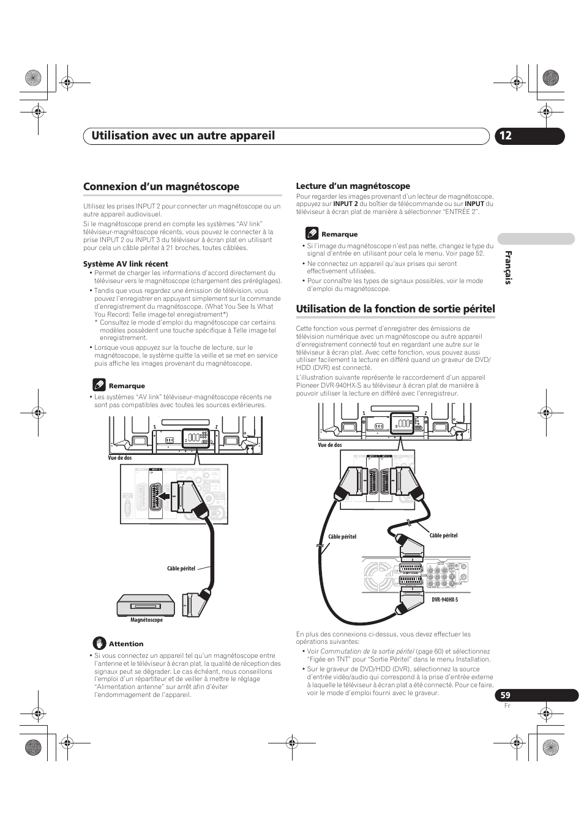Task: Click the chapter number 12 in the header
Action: [504, 136]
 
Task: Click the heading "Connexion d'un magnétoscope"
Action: [161, 186]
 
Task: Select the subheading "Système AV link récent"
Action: [125, 264]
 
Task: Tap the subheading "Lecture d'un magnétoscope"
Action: [353, 186]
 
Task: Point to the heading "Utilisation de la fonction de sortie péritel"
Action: [395, 309]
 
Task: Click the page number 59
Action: [505, 695]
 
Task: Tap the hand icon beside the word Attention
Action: [100, 643]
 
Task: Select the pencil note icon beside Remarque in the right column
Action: [312, 234]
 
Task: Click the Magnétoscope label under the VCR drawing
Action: [147, 620]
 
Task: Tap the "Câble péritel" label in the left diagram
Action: [181, 569]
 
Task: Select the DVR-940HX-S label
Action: [444, 600]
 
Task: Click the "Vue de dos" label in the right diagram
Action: [329, 445]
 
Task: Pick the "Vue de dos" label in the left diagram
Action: [120, 457]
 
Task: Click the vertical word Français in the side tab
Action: [508, 267]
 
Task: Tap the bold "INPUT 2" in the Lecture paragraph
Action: [345, 204]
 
